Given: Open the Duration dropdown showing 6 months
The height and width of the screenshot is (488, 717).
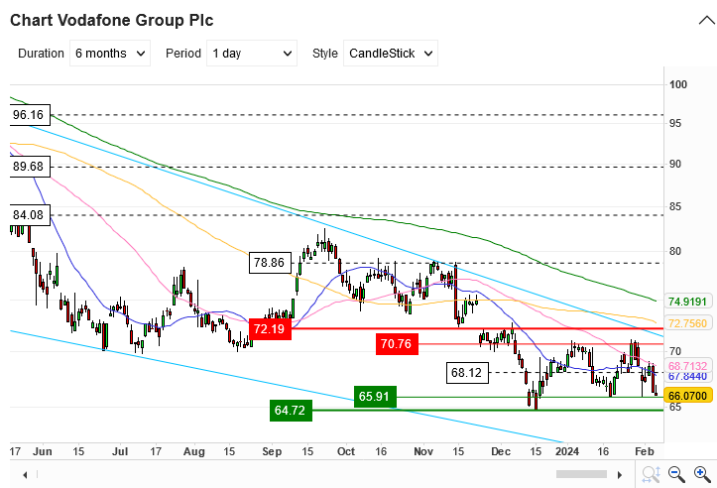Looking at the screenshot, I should coord(111,54).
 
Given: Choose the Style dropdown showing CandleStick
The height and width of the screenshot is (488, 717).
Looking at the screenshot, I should coord(391,54).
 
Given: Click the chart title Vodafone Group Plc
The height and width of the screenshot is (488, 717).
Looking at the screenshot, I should coord(115,20).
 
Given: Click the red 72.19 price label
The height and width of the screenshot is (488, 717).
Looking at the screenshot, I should coord(270,329).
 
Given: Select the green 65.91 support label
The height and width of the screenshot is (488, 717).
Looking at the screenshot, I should coord(376,397).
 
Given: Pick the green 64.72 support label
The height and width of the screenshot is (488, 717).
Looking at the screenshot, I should coord(291,409).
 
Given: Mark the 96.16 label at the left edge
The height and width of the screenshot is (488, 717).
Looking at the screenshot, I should coord(28,115).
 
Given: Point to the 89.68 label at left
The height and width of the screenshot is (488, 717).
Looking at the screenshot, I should coord(28,167).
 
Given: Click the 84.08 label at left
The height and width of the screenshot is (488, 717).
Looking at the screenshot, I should coord(28,214).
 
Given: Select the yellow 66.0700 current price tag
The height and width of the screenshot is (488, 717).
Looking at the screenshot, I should coord(686,395).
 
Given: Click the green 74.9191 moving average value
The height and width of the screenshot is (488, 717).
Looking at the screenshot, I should coord(686,302).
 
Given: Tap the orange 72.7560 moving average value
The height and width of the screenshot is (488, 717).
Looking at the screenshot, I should coord(686,323).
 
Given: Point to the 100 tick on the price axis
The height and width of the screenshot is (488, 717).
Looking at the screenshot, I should coord(678,85).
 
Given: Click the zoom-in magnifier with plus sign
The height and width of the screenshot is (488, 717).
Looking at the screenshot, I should coord(653,474).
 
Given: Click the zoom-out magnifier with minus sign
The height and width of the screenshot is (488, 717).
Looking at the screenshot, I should coord(675,474).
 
